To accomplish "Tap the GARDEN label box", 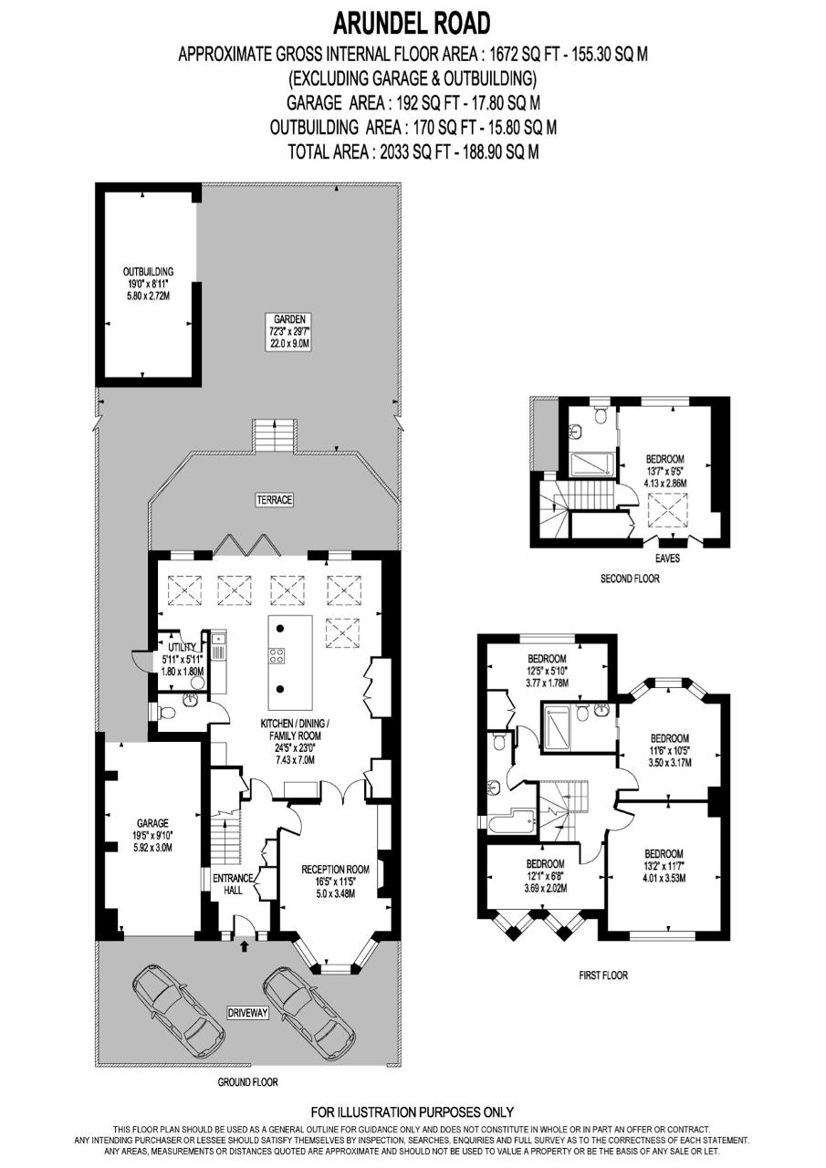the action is click(x=288, y=331).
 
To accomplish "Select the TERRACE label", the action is click(x=275, y=499).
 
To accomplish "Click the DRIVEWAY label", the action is click(x=247, y=1013).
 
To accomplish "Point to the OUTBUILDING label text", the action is click(x=148, y=272).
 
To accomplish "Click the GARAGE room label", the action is click(x=152, y=823).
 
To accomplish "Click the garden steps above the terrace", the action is click(x=275, y=435).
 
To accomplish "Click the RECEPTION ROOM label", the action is click(x=335, y=870).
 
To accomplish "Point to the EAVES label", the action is click(x=667, y=558).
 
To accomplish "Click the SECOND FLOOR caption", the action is click(x=630, y=579).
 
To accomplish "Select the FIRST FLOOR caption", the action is click(x=603, y=975).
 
